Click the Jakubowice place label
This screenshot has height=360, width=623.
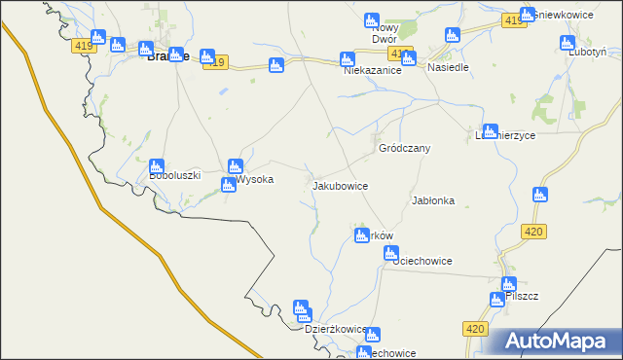pos(340,184)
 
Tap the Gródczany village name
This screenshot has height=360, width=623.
pos(404,148)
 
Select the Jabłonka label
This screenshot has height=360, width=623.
pos(433,200)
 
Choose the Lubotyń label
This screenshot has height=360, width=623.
pos(589,52)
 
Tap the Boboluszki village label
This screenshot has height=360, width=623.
pos(175,176)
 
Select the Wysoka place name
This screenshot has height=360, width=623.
pos(255,180)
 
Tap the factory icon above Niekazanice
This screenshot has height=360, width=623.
pos(347,59)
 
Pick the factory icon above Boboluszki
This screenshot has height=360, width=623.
pos(157,166)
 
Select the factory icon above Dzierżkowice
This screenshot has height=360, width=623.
pos(302,308)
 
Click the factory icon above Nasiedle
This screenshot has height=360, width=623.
pos(452,36)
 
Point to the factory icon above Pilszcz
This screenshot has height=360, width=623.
pos(508,284)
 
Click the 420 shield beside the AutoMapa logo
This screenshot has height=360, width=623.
pos(474,330)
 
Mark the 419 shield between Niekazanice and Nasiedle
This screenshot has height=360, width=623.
pos(398,53)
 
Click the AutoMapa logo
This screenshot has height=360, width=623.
pos(556,341)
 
